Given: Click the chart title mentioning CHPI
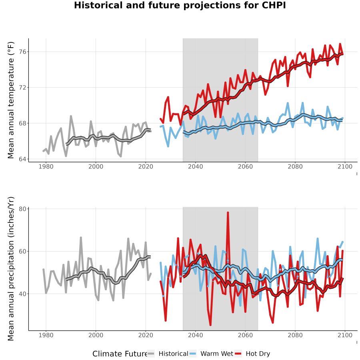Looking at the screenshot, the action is (x=180, y=5).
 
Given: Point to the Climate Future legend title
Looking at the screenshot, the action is (x=120, y=354).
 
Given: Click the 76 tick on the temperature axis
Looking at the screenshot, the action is (x=22, y=52).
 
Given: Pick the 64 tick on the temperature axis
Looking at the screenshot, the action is (x=22, y=159).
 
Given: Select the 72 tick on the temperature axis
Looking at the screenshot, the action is (x=22, y=88).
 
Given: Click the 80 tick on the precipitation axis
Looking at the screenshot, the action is (x=22, y=209).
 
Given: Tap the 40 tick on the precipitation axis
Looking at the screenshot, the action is (x=22, y=294).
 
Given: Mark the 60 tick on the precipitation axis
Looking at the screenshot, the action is (x=22, y=252).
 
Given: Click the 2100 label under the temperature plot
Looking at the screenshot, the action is (x=345, y=166).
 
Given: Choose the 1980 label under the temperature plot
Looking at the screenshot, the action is (x=46, y=166).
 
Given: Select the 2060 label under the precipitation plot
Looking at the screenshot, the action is (x=245, y=335).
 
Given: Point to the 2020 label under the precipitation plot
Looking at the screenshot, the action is (x=146, y=335).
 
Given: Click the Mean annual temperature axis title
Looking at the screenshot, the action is (x=11, y=100).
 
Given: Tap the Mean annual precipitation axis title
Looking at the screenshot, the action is (x=11, y=269).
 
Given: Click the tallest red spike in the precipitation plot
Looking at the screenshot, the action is (x=228, y=213).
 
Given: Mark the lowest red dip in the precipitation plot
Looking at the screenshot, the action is (x=210, y=325).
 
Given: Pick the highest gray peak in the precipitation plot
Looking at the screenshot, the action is (x=81, y=238).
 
